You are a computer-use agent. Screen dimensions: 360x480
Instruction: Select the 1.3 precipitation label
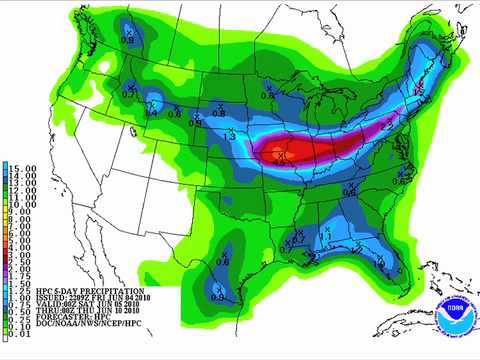(x=230, y=136)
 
